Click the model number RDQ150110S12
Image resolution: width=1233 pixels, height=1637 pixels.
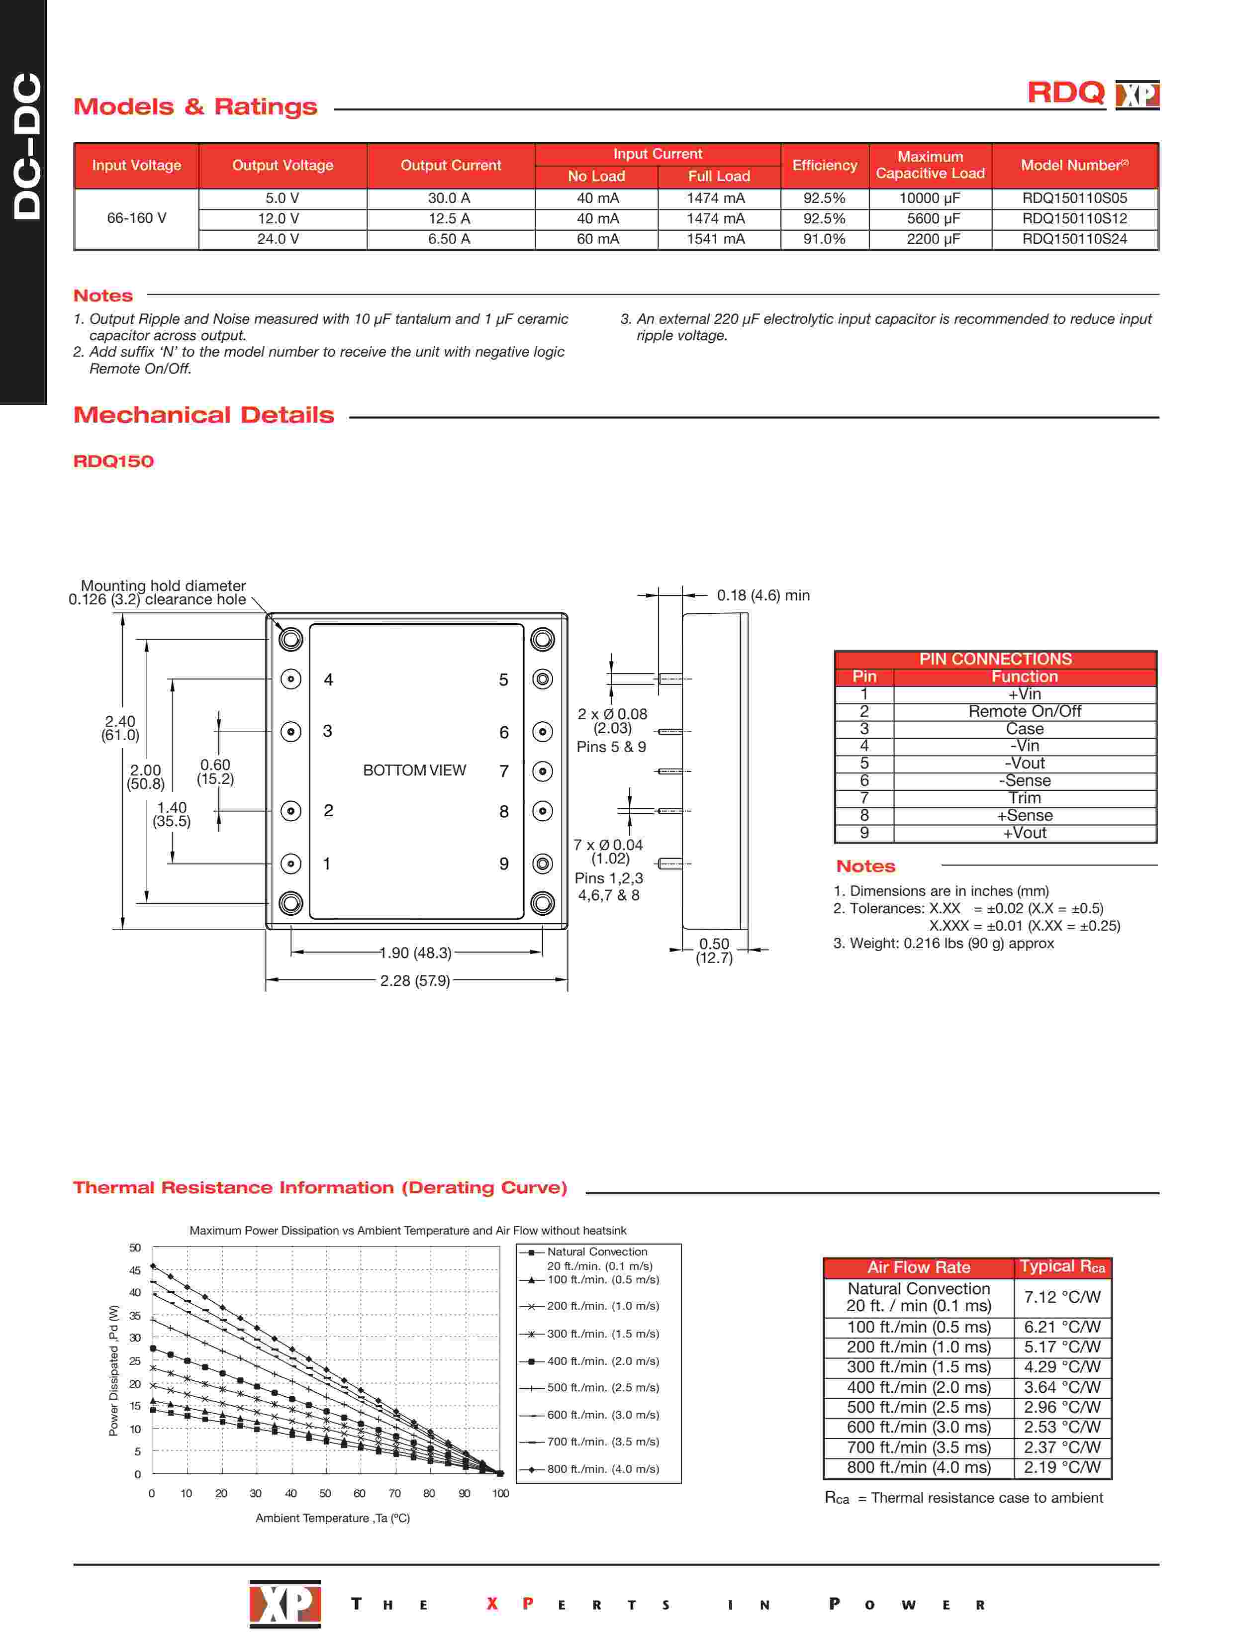[1074, 219]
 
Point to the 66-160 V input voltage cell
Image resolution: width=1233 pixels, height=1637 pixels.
[136, 218]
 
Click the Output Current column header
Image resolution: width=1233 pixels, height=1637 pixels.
[450, 166]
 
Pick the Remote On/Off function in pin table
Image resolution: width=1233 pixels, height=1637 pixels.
[1024, 712]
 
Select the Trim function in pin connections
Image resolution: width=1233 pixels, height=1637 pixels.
[1024, 798]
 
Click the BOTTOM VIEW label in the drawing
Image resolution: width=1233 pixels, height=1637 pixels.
[414, 770]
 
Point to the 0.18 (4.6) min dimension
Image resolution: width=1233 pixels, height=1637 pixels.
[762, 596]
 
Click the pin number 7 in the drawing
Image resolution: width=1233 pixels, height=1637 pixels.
[504, 771]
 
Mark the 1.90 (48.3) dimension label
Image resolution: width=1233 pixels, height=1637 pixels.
[415, 953]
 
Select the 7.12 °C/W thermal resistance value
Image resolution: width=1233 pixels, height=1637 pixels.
[1062, 1297]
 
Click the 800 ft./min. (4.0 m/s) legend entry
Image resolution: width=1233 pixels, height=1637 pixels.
[602, 1469]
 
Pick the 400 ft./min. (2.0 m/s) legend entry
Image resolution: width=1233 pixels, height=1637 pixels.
[602, 1361]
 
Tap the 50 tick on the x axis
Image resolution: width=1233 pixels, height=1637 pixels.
[325, 1493]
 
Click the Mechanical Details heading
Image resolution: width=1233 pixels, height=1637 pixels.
[203, 415]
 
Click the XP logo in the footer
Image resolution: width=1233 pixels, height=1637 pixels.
[285, 1604]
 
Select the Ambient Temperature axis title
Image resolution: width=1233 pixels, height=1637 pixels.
[332, 1518]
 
